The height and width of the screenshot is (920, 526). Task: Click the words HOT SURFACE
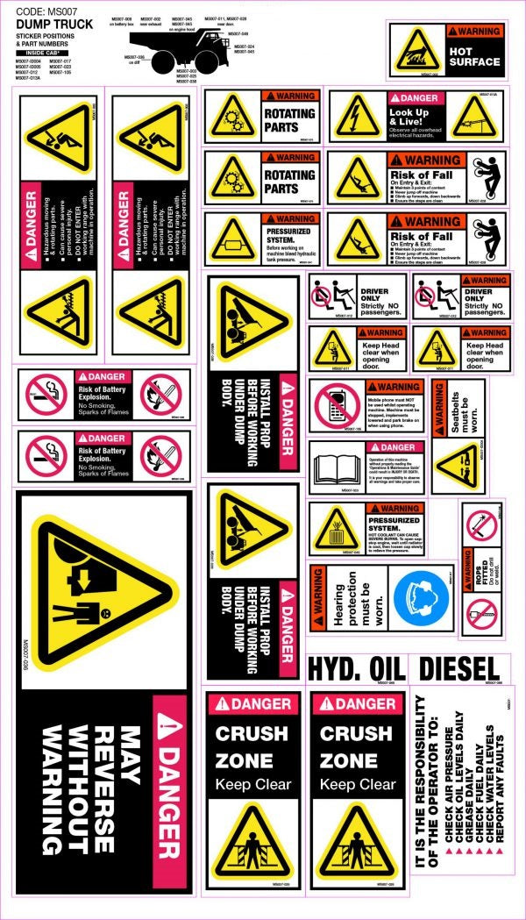click(x=473, y=56)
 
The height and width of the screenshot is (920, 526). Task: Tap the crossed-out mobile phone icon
click(x=334, y=406)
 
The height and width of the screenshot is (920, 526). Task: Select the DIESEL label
click(x=458, y=668)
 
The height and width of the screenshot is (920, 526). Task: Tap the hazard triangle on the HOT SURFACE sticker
click(x=416, y=51)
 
